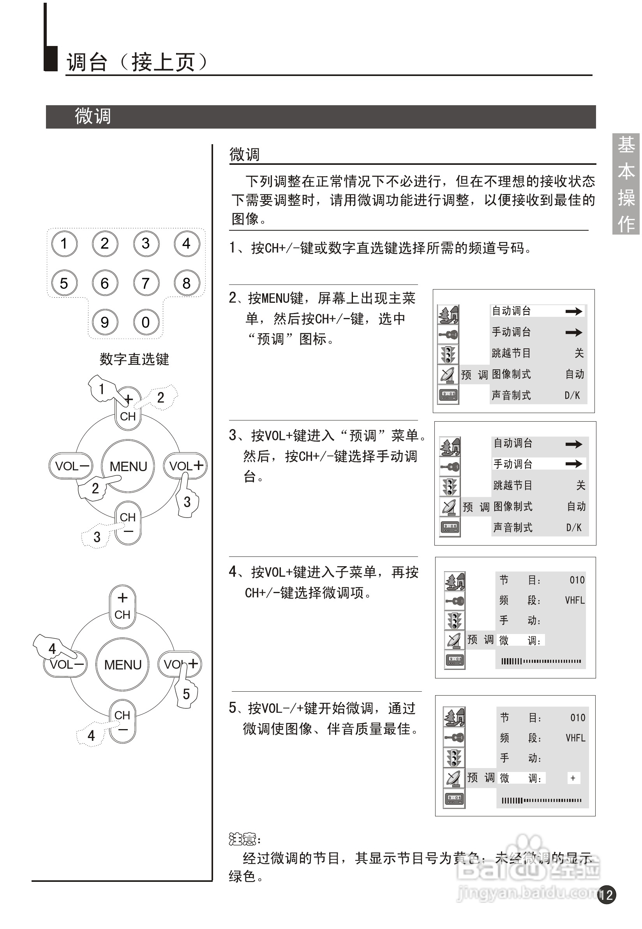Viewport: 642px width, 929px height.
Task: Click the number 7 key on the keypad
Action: [x=146, y=283]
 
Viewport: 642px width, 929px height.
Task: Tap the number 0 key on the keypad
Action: [x=146, y=322]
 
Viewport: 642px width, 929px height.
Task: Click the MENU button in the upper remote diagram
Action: [x=128, y=466]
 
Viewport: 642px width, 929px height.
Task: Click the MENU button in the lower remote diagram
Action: [x=123, y=665]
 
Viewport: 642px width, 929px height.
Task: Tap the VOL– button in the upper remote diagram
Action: [x=71, y=466]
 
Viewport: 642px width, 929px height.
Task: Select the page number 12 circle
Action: [x=607, y=895]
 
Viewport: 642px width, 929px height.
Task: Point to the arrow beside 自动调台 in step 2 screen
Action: [x=573, y=311]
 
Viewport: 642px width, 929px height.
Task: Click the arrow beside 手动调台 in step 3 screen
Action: [x=573, y=464]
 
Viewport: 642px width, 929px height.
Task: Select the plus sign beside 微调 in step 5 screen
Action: [x=573, y=778]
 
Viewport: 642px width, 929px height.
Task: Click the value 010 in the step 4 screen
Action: [x=577, y=580]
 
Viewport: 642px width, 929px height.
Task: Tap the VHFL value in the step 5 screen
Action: [x=575, y=738]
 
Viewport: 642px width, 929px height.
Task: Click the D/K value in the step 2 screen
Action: [x=572, y=396]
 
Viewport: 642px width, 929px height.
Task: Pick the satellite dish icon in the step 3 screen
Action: [x=449, y=507]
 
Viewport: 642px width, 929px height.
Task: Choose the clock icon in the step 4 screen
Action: [x=455, y=660]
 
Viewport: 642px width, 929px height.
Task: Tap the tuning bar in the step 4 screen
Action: [x=541, y=661]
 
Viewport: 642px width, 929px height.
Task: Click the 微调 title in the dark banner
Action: [x=92, y=117]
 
